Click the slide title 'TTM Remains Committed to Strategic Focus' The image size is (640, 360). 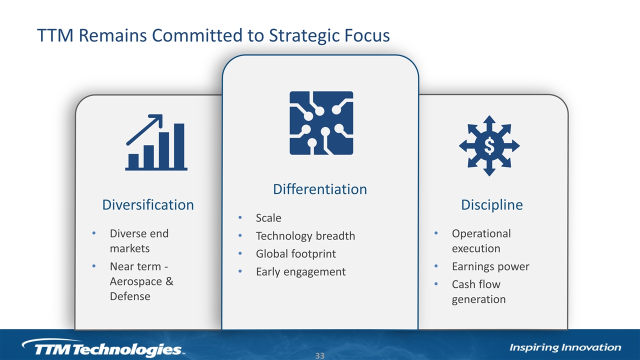[213, 35]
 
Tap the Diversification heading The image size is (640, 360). [148, 205]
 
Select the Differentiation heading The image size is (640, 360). [320, 189]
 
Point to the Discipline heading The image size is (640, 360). [492, 205]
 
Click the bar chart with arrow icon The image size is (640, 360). [156, 142]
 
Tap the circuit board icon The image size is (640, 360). [321, 123]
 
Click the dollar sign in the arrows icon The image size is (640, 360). [489, 145]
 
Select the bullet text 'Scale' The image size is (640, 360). [268, 218]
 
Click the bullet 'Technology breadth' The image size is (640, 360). [305, 236]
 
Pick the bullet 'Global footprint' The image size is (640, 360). [295, 253]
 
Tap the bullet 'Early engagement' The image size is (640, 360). [300, 271]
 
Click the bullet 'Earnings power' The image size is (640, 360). [490, 266]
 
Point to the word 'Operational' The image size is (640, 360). [481, 233]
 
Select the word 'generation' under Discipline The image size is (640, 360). [479, 299]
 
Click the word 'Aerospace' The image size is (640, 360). [135, 281]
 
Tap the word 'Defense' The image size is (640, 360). [130, 296]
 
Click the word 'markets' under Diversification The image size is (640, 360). [129, 248]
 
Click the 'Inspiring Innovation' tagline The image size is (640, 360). [565, 347]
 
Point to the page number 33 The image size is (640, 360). [320, 355]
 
